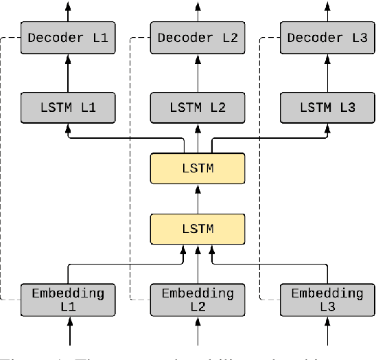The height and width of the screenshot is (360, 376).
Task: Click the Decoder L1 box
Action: click(67, 38)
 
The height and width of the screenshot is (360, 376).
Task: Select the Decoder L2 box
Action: click(198, 38)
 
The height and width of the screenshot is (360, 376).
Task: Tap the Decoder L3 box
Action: click(327, 38)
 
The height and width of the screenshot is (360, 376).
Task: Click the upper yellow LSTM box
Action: click(198, 168)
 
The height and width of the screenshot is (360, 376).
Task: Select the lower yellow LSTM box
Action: click(198, 227)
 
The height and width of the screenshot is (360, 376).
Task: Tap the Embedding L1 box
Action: click(67, 299)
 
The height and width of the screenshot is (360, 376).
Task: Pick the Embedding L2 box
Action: click(198, 299)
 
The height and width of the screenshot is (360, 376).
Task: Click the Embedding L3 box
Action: click(327, 299)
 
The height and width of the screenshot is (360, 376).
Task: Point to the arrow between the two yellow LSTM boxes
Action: click(198, 198)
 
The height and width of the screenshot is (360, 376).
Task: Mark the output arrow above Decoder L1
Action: click(67, 10)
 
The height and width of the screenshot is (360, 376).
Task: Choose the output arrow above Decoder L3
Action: click(327, 10)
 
